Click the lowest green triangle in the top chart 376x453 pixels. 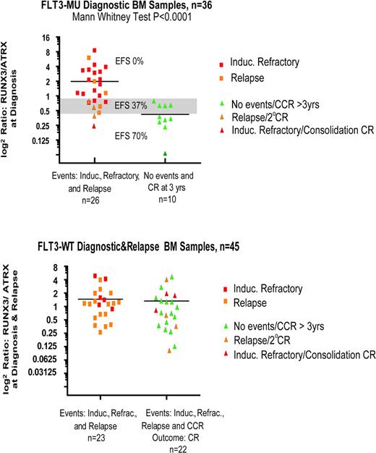pyautogui.click(x=165, y=153)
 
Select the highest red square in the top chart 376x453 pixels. pyautogui.click(x=95, y=51)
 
